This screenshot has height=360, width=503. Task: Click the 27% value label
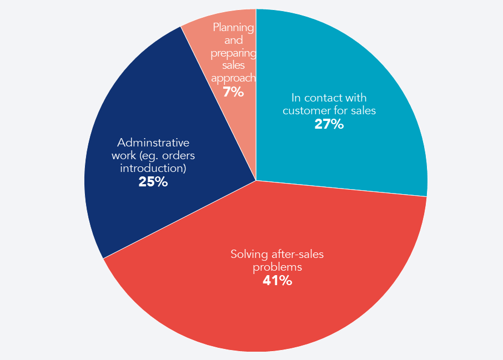click(329, 124)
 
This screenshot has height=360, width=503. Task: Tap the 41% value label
click(277, 281)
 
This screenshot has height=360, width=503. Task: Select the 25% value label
click(153, 181)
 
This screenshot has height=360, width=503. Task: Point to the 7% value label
click(233, 92)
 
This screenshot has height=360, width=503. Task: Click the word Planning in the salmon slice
click(233, 27)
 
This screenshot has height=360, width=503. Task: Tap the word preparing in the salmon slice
click(233, 53)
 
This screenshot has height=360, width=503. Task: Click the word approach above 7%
click(233, 78)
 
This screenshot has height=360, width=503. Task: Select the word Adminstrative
click(153, 142)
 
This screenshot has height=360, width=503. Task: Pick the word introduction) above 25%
click(153, 168)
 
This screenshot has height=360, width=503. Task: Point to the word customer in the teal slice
click(305, 110)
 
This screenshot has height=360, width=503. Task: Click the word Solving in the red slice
click(248, 255)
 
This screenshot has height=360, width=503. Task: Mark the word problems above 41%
click(278, 267)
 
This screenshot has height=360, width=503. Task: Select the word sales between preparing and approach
click(233, 65)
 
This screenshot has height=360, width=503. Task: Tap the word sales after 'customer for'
click(363, 110)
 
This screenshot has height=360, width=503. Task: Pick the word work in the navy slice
click(122, 155)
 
